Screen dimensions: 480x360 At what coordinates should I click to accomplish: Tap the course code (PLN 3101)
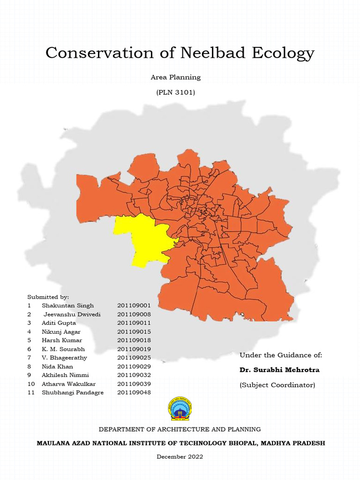coord(175,92)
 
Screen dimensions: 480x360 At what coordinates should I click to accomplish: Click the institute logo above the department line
coord(180,409)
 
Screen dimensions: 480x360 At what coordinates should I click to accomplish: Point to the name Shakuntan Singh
coord(67,306)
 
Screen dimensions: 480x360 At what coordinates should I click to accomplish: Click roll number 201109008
coord(134,314)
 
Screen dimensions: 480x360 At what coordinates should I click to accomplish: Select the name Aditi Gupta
coord(59,323)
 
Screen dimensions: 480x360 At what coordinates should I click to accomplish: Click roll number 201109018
coord(134,340)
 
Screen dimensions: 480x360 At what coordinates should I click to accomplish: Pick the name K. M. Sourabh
coord(63,349)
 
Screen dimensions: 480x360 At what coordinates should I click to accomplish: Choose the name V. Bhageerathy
coord(64,358)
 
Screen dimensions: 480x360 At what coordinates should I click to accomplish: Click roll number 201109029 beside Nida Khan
coord(134,366)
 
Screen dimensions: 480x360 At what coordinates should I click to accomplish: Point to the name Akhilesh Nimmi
coord(65,375)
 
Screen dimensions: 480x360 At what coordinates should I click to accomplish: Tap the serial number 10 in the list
coord(31,384)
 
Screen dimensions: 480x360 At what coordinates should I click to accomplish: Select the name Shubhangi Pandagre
coord(73,392)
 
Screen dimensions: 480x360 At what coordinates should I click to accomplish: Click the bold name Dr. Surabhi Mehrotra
coord(279,370)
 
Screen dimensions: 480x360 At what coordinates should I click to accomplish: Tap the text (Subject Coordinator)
coord(277,385)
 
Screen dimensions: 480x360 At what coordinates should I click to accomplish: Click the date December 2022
coord(180,457)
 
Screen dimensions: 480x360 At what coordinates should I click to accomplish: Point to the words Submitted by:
coord(48,297)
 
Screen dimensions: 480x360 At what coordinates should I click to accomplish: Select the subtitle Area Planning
coord(175,77)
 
